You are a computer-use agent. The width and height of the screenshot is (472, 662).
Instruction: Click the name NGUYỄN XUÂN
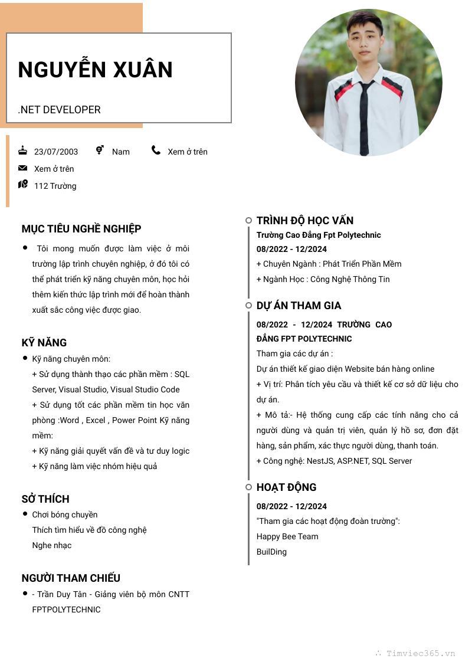pos(95,70)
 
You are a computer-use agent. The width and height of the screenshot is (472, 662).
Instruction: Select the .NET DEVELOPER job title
pos(59,110)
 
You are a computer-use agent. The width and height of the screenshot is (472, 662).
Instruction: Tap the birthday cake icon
pos(23,150)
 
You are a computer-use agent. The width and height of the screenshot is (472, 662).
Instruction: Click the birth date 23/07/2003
pos(56,152)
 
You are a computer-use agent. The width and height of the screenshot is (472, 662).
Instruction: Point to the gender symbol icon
pos(100,150)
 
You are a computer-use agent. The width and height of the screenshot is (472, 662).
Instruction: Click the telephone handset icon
pos(156,150)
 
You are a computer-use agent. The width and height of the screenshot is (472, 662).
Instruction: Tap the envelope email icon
pos(23,168)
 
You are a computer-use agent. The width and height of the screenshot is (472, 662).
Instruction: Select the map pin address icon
pos(23,185)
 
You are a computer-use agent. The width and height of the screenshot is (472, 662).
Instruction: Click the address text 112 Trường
pos(55,186)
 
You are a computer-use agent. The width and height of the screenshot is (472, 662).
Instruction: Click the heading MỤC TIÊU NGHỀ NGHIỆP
pos(81,229)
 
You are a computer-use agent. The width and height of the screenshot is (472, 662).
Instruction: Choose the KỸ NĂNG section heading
pos(44,343)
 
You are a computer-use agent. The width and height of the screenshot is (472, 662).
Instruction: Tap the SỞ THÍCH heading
pos(45,499)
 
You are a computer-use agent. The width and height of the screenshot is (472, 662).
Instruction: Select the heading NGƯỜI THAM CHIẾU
pos(71,578)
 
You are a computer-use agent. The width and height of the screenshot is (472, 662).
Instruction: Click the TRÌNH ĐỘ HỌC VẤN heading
pos(305,221)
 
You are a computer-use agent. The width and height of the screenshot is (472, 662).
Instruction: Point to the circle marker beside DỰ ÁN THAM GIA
pos(248,306)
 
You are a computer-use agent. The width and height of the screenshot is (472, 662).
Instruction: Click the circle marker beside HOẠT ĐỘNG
pos(248,487)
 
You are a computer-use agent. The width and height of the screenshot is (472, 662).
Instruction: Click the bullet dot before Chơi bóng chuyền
pos(25,514)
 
